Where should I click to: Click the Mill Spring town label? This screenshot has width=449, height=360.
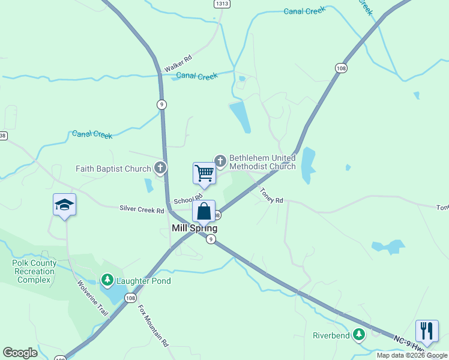click(194, 228)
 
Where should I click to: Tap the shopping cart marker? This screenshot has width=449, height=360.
click(204, 173)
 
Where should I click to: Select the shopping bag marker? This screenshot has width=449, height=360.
click(204, 212)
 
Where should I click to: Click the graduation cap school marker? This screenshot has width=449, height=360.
click(64, 205)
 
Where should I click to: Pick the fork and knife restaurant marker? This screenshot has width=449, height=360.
click(427, 331)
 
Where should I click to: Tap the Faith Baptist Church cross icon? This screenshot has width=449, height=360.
click(160, 169)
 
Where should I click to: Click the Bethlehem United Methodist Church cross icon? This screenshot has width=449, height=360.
click(220, 160)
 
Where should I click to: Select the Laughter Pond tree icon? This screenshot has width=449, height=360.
click(107, 280)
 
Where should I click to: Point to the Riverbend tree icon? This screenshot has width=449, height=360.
click(359, 335)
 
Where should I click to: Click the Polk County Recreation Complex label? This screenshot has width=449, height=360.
click(34, 271)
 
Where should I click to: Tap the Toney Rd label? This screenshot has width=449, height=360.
click(271, 195)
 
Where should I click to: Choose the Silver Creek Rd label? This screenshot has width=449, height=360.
click(142, 210)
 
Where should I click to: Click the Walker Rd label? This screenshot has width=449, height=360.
click(178, 61)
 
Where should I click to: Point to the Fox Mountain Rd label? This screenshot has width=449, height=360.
click(154, 326)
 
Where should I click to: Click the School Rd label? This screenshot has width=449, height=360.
click(188, 199)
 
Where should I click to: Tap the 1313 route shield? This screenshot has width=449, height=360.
click(221, 4)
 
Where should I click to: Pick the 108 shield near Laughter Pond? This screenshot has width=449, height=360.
click(131, 298)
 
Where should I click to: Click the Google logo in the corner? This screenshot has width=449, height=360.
click(20, 353)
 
